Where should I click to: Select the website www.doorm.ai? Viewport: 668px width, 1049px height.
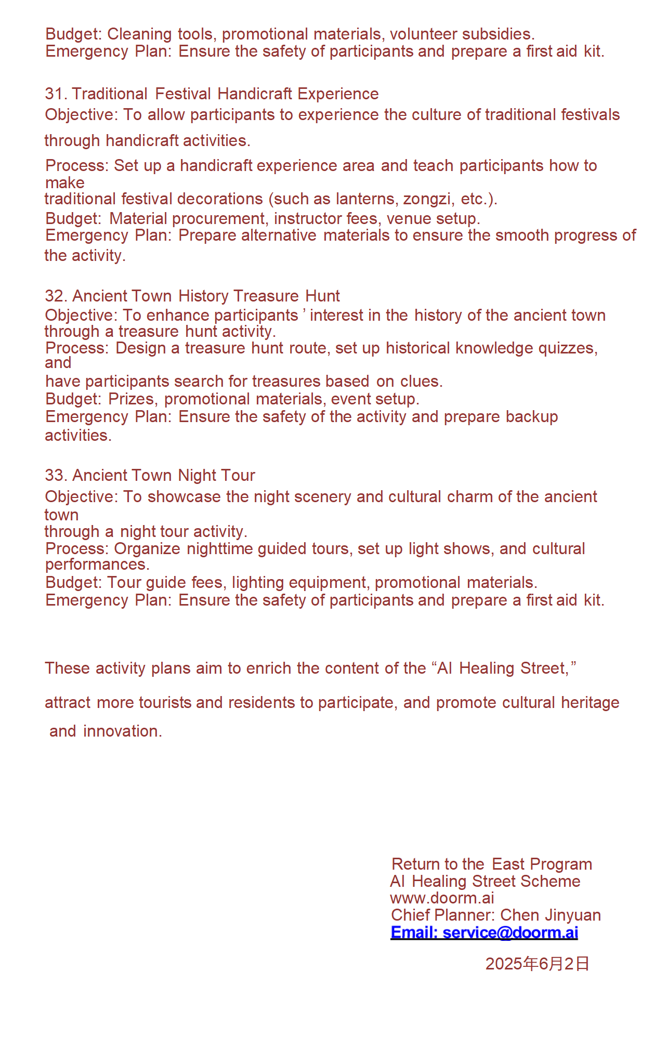tap(442, 898)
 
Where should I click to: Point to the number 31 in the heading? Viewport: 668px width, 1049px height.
tap(54, 94)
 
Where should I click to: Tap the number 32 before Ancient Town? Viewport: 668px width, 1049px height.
tap(54, 296)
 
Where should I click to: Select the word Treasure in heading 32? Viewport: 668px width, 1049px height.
tap(266, 296)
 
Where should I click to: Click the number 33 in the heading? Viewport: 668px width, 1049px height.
tap(54, 475)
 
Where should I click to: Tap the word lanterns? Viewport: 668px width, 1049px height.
tap(365, 199)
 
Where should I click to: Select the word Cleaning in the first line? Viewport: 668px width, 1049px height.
tap(139, 34)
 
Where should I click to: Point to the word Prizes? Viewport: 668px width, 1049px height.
tap(132, 399)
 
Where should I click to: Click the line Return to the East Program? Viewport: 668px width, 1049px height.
tap(491, 864)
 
